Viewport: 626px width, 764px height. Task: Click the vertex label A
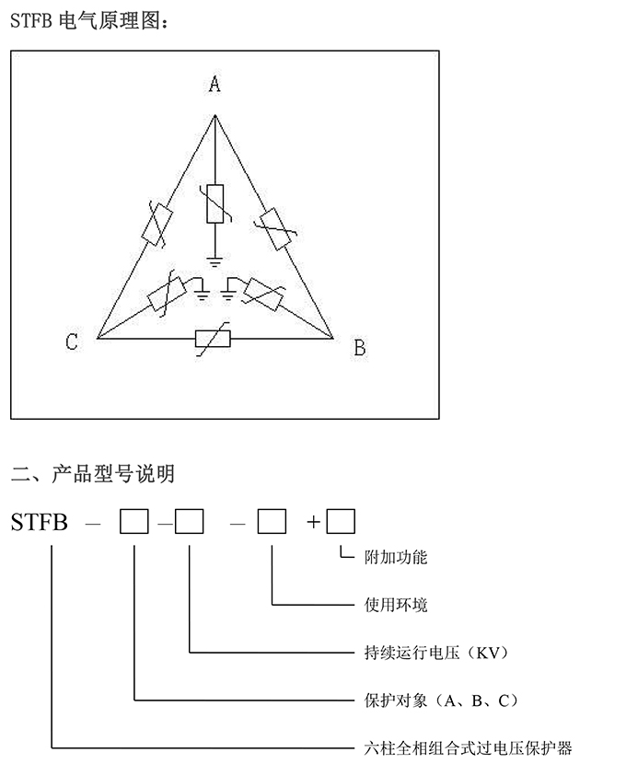pyautogui.click(x=214, y=84)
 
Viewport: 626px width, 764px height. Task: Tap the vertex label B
pyautogui.click(x=360, y=348)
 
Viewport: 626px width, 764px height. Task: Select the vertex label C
pyautogui.click(x=72, y=341)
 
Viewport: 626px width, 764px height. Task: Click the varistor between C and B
pyautogui.click(x=213, y=339)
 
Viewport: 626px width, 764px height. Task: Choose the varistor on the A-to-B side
pyautogui.click(x=276, y=229)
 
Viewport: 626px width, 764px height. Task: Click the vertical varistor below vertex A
pyautogui.click(x=215, y=203)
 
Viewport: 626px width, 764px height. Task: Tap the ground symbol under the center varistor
pyautogui.click(x=214, y=262)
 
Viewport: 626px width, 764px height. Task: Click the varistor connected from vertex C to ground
pyautogui.click(x=167, y=294)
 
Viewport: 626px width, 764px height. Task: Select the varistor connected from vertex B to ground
pyautogui.click(x=263, y=294)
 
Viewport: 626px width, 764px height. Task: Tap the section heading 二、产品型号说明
pyautogui.click(x=93, y=474)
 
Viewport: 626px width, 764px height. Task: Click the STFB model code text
pyautogui.click(x=39, y=522)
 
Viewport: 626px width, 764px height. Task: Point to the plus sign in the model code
pyautogui.click(x=314, y=522)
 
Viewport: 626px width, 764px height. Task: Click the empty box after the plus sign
pyautogui.click(x=341, y=521)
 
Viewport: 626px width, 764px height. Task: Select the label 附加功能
pyautogui.click(x=396, y=557)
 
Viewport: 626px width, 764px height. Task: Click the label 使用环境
pyautogui.click(x=396, y=605)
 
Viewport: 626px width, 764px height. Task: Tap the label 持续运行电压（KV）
pyautogui.click(x=436, y=653)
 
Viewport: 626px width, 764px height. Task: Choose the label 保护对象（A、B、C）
pyautogui.click(x=441, y=700)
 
